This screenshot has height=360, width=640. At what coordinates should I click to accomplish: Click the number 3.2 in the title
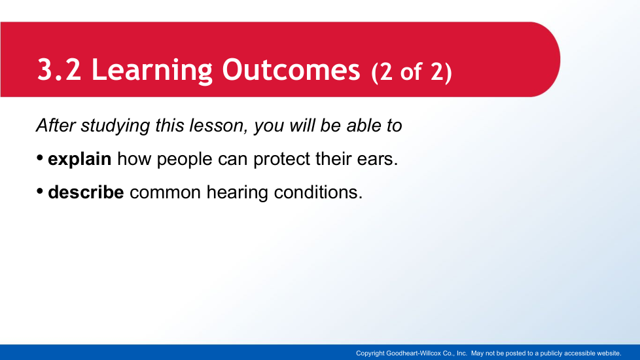pos(59,70)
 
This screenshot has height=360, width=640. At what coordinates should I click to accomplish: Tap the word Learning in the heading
pos(152,71)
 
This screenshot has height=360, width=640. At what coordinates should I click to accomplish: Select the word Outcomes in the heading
pos(291,70)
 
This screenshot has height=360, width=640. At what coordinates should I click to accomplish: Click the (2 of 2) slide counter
pos(412,72)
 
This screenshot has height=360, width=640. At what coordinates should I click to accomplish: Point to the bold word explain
pos(80,159)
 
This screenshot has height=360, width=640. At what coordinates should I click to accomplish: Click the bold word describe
pos(86,192)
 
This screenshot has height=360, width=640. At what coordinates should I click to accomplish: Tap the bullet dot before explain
pos(40,158)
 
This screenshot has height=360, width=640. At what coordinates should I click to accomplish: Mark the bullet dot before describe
pos(40,191)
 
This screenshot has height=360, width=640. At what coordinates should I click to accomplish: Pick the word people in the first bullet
pos(185,160)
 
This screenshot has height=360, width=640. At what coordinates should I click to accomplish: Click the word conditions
pos(318,192)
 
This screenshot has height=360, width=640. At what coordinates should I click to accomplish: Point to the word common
pos(166,192)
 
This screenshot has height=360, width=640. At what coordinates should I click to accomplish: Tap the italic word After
pos(56,125)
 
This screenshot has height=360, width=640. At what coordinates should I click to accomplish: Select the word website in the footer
pos(609,353)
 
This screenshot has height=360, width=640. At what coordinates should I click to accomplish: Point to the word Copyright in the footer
pos(370,353)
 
